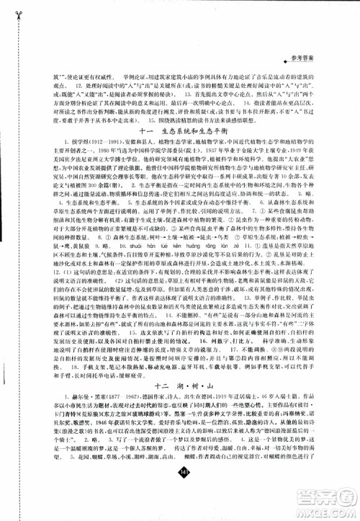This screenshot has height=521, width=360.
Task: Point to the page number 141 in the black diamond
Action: pos(180,491)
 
